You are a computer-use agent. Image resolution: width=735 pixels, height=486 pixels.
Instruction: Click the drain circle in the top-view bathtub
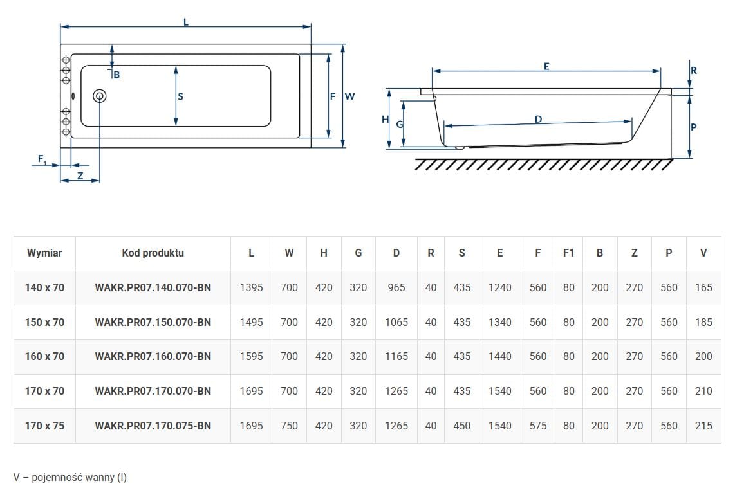[x=99, y=96]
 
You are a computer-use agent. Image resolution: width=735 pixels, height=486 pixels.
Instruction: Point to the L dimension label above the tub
[x=185, y=22]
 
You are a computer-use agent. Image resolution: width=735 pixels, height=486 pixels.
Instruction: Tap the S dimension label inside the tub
[x=180, y=96]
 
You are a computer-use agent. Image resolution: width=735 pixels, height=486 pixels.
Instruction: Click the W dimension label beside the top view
[x=349, y=96]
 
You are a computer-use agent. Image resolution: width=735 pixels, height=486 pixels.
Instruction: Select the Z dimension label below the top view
[x=80, y=175]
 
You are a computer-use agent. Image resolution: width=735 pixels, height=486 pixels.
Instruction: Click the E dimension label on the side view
[x=546, y=66]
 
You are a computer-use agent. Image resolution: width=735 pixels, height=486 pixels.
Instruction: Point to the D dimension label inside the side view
[x=538, y=120]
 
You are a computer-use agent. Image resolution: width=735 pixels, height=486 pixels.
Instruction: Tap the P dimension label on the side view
[x=694, y=127]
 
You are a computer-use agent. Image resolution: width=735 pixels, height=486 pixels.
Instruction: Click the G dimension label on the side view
[x=400, y=124]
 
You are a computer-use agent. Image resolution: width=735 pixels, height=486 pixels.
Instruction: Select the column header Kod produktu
[x=153, y=253]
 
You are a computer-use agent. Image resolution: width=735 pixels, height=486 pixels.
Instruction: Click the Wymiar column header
[x=44, y=253]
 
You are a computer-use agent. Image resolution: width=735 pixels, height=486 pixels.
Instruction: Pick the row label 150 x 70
[x=44, y=322]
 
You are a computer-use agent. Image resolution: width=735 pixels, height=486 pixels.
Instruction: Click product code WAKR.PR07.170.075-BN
[x=153, y=426]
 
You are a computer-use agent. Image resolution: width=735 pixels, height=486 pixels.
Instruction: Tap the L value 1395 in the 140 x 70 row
[x=251, y=287]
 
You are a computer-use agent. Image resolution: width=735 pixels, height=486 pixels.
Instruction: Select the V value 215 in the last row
[x=703, y=426]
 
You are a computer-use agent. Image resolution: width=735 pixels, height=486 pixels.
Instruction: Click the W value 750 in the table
[x=289, y=426]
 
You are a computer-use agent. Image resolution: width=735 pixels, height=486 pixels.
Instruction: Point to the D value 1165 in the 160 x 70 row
[x=396, y=356]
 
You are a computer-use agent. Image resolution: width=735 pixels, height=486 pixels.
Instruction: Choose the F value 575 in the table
[x=537, y=426]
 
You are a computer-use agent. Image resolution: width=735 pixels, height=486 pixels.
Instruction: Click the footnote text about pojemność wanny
[x=70, y=477]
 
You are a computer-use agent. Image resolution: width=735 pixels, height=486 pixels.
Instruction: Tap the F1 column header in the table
[x=568, y=253]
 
